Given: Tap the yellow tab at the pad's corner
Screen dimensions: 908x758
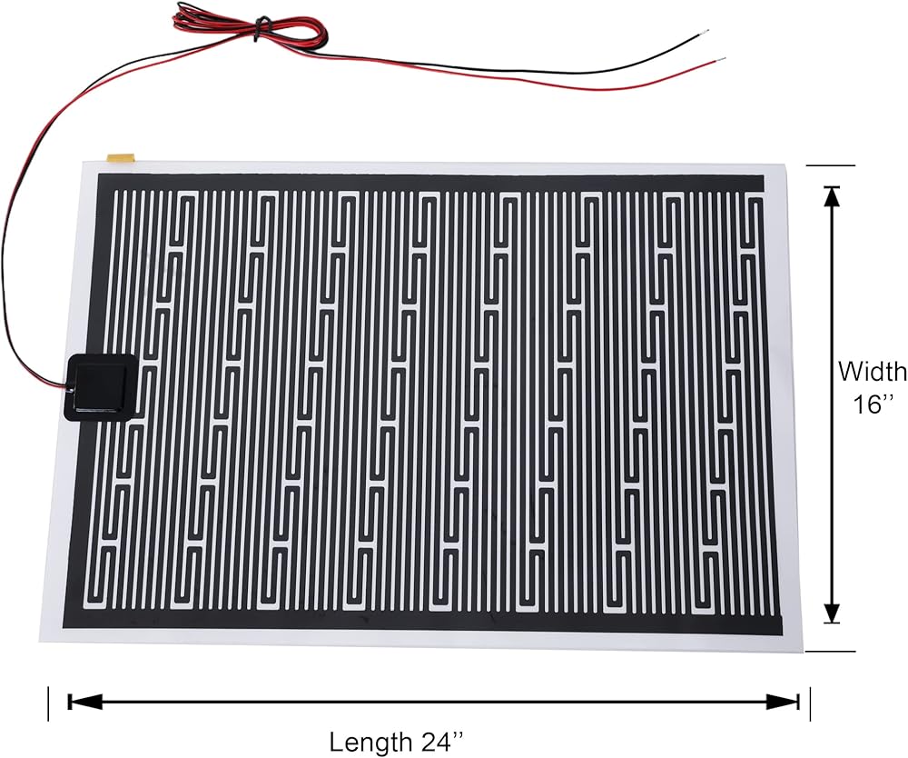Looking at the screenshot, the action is click(119, 157).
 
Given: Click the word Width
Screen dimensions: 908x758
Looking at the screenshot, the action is click(871, 371).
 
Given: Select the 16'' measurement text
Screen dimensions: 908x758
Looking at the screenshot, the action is click(873, 404).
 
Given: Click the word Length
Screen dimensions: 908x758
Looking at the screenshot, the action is click(367, 742).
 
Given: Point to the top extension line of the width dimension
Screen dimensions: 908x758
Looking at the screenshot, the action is click(830, 165).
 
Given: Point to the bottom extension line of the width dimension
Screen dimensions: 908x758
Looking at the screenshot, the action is click(830, 651).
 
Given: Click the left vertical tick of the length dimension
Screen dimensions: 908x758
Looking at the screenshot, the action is click(48, 703).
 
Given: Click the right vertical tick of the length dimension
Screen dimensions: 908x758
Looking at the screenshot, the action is click(810, 703).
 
